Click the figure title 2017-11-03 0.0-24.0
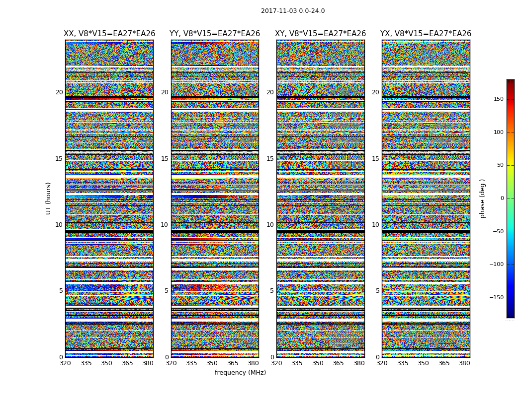tap(293, 11)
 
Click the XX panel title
tap(109, 34)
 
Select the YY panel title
tap(215, 34)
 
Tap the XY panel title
tap(321, 34)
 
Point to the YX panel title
tap(426, 34)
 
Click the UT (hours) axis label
tap(49, 198)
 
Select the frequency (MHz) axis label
tap(240, 373)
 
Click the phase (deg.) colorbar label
tap(483, 198)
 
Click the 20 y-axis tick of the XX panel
tap(59, 92)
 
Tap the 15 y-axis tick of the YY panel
tap(165, 159)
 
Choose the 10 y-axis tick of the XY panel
tap(270, 225)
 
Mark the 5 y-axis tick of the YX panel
tap(377, 291)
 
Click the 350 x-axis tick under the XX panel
tap(106, 363)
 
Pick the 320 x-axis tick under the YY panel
tap(171, 363)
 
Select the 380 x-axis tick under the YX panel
tap(464, 363)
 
